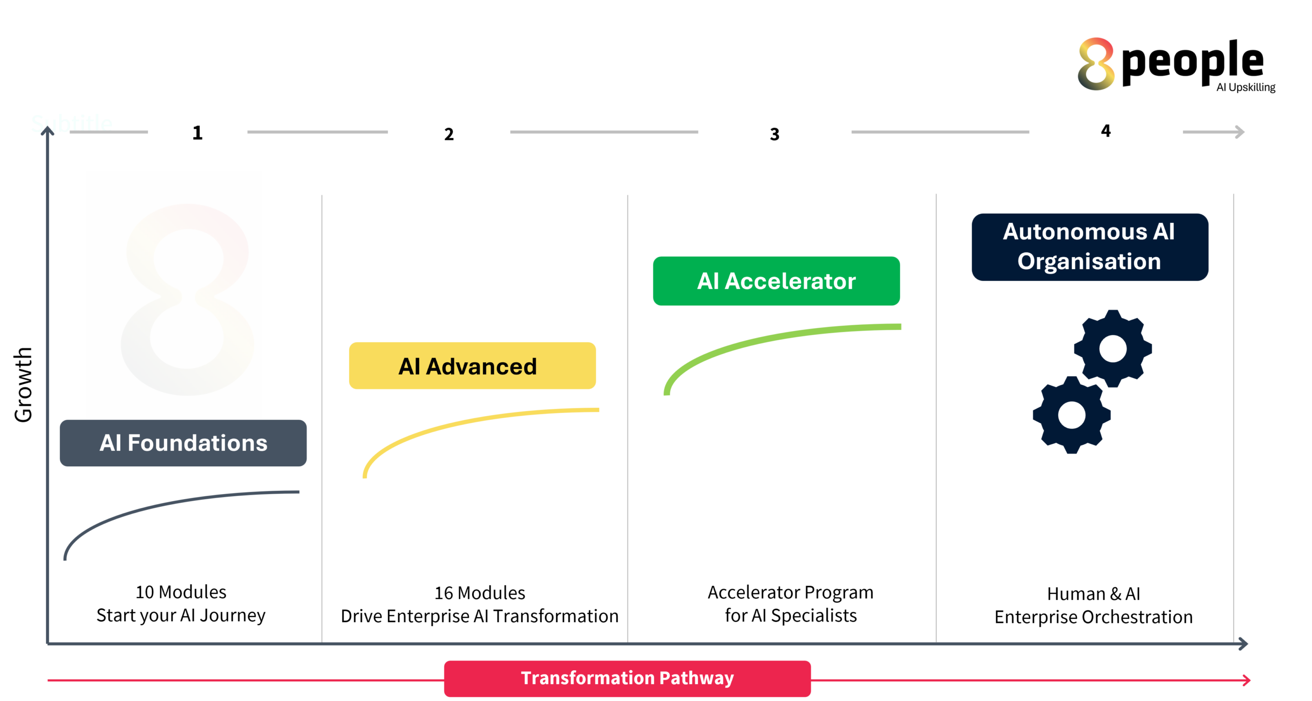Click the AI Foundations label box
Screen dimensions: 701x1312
(x=183, y=443)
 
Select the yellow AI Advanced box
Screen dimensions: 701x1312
(x=472, y=366)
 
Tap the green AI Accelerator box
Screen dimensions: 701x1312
(x=776, y=281)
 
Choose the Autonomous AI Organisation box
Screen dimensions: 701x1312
(x=1090, y=247)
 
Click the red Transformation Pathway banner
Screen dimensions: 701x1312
(x=627, y=678)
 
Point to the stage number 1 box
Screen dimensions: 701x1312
(x=197, y=132)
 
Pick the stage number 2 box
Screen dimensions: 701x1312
(x=448, y=134)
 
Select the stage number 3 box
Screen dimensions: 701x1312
(x=774, y=134)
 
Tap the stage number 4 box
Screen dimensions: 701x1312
(x=1105, y=131)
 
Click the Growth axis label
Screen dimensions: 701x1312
(x=23, y=384)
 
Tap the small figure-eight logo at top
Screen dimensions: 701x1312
(x=1096, y=64)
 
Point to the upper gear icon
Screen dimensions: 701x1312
(x=1113, y=348)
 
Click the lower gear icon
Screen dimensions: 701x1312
(x=1072, y=415)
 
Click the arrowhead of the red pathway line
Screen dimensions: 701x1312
(x=1247, y=680)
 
